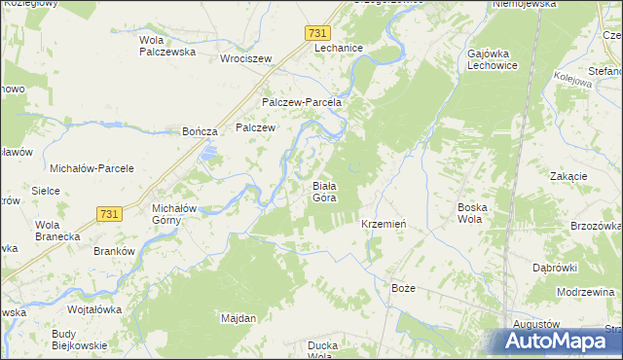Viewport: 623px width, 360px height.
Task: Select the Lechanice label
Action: (339, 49)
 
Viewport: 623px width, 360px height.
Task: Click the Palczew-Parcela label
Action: (301, 102)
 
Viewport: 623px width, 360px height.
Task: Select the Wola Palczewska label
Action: (167, 46)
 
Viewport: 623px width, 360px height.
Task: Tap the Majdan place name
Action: (238, 318)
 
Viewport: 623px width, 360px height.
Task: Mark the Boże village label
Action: (403, 289)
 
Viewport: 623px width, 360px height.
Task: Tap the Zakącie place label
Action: (568, 176)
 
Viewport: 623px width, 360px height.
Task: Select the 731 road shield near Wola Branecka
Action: (109, 213)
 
